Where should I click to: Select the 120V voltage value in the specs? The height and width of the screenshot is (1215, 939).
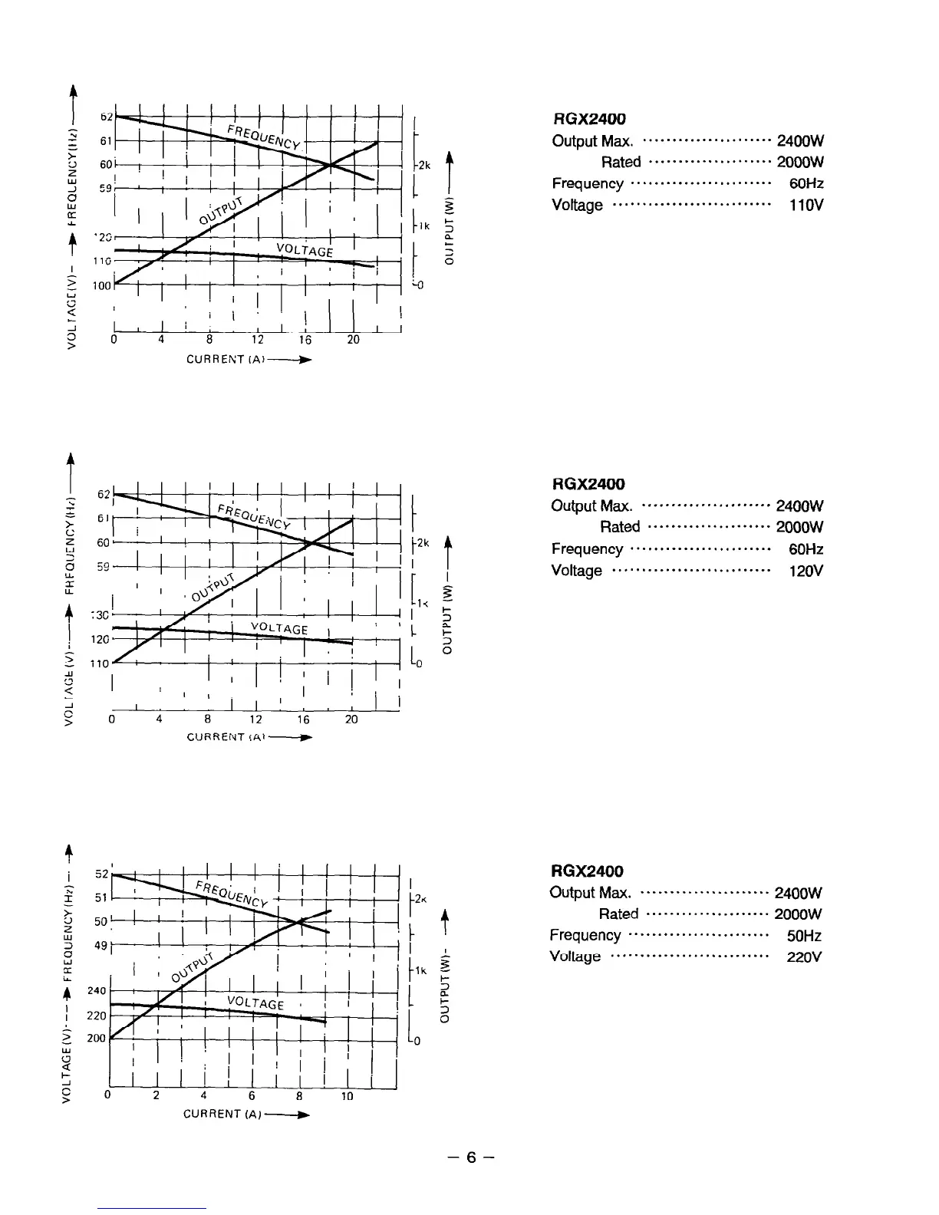(x=807, y=571)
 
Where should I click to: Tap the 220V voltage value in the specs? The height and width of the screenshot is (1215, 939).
(x=806, y=957)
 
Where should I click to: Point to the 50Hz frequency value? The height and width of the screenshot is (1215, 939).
(x=805, y=936)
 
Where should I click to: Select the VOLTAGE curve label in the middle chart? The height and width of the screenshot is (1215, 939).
(x=279, y=629)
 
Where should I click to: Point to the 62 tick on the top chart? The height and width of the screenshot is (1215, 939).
(x=106, y=117)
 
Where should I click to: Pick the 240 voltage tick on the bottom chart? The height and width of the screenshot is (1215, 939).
(x=97, y=991)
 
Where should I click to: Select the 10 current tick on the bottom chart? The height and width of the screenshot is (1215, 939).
(x=347, y=1096)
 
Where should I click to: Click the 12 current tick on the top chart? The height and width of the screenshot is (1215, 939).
(x=257, y=340)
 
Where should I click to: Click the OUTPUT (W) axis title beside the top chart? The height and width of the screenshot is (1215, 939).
(x=450, y=230)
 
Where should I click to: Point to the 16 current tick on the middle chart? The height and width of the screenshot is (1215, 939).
(x=304, y=719)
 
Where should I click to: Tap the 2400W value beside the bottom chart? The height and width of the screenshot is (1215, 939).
(x=799, y=893)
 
